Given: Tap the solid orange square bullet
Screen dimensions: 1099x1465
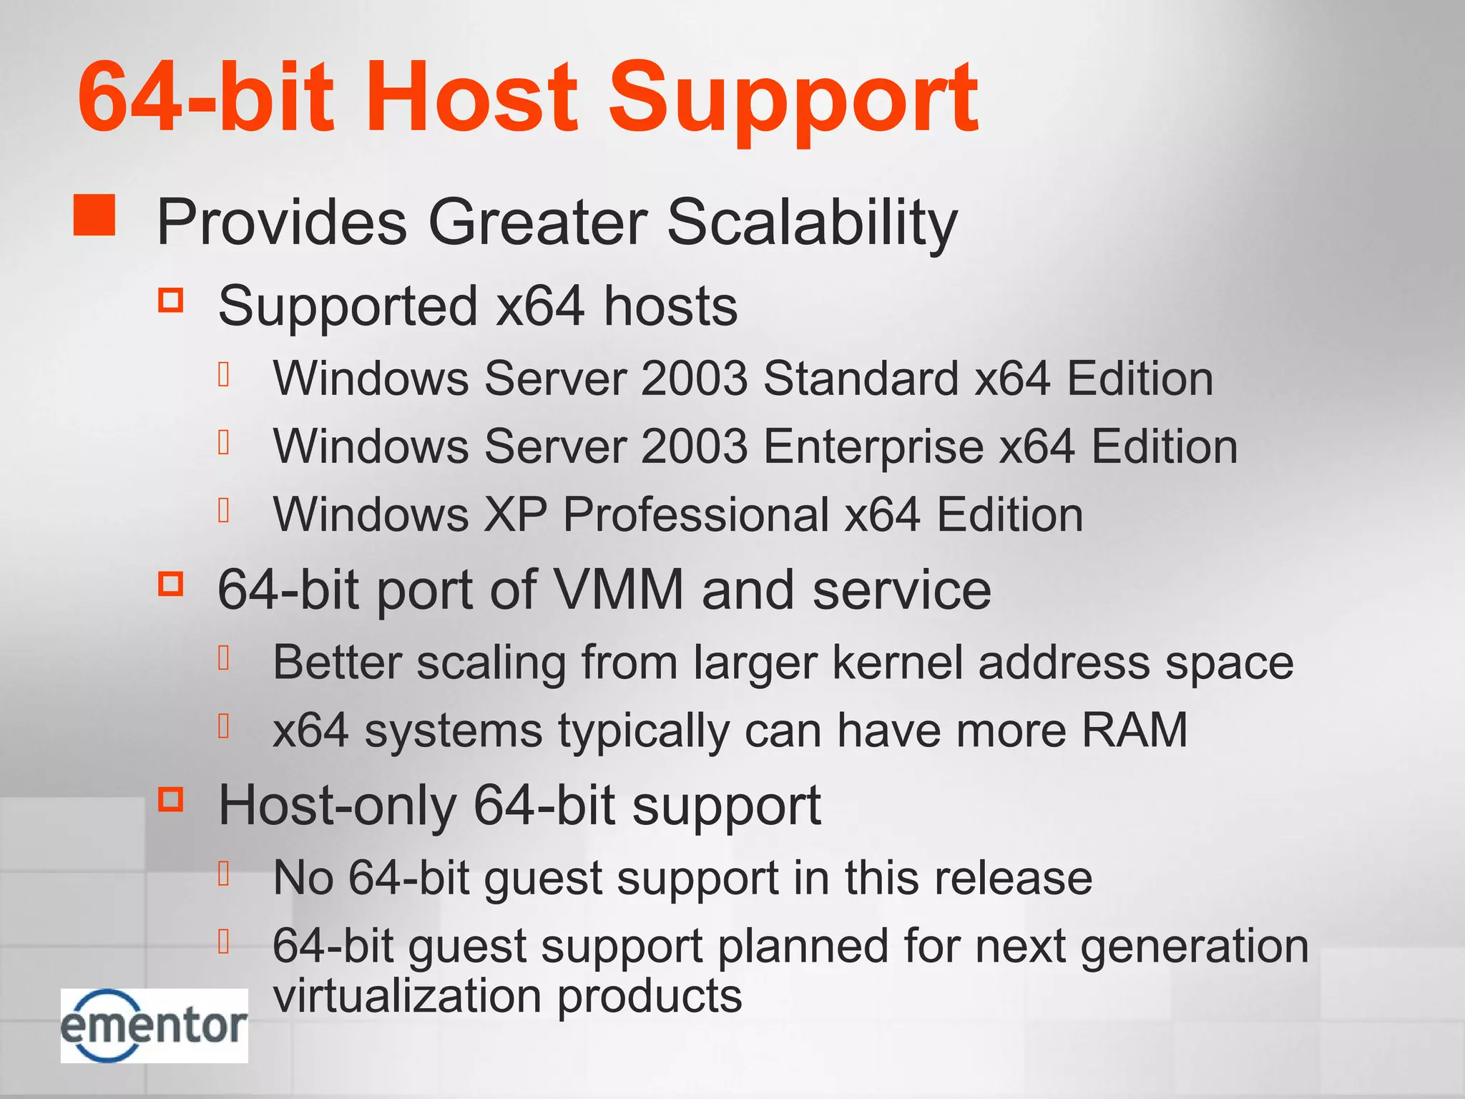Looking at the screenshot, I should pos(94,215).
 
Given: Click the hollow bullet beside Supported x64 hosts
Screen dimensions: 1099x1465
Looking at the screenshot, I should pos(171,300).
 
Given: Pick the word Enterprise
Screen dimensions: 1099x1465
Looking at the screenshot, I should pos(873,446).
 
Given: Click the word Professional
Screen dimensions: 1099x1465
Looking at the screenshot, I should pos(695,514).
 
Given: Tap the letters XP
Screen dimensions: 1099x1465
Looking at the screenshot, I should pos(515,514).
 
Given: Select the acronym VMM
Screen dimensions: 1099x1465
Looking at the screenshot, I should pos(619,590).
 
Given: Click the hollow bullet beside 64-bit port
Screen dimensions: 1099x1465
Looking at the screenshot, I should pos(171,583).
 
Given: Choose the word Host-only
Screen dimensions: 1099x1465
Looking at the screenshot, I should pos(337,806).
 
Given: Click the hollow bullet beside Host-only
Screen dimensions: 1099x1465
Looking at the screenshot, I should pos(171,798).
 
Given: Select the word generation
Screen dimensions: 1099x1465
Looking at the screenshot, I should pos(1194,946).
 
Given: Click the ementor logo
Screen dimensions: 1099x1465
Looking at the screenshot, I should pos(154,1025).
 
